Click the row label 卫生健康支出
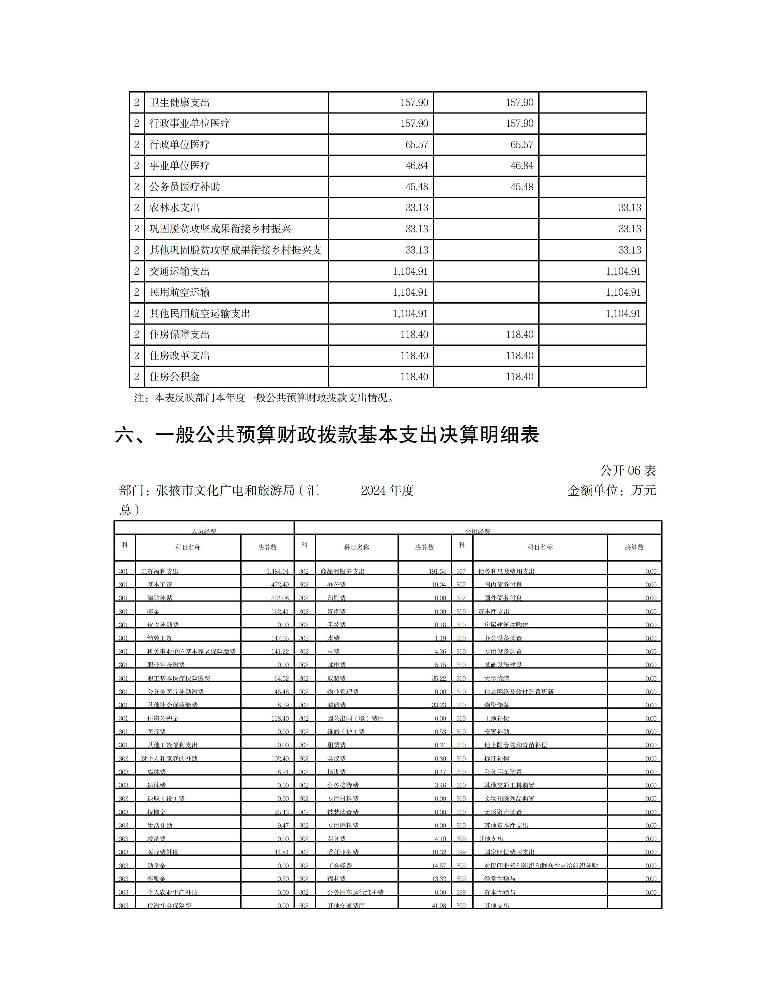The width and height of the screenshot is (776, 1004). click(179, 102)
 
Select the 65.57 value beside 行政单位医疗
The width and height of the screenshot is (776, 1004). click(417, 145)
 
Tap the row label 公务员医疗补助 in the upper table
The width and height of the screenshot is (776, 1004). click(184, 187)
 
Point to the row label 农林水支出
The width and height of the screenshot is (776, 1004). click(174, 208)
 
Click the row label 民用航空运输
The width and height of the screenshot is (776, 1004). click(179, 293)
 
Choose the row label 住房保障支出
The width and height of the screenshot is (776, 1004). click(179, 335)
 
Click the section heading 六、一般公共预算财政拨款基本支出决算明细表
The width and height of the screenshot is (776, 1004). click(327, 435)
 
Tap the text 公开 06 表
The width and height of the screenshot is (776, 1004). click(628, 470)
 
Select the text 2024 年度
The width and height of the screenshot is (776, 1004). click(387, 491)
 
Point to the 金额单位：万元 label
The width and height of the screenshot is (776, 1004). click(611, 491)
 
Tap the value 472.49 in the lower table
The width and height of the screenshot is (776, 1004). click(280, 585)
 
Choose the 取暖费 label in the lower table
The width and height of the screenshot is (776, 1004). click(337, 679)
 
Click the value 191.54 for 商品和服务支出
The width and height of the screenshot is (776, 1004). click(437, 571)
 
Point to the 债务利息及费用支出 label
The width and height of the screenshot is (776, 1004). click(506, 571)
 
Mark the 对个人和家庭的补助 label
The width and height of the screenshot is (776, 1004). click(169, 758)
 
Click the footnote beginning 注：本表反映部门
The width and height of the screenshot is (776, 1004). click(264, 398)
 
